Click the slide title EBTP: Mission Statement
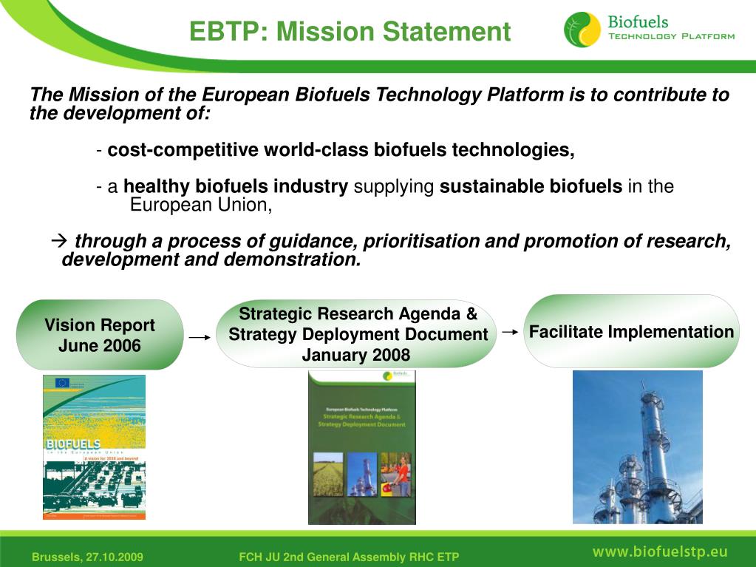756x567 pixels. pyautogui.click(x=350, y=32)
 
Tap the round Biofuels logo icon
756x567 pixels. pyautogui.click(x=582, y=30)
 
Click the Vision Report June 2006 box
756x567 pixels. pyautogui.click(x=100, y=335)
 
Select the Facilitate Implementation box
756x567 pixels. pyautogui.click(x=631, y=331)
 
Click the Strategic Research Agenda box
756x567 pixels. pyautogui.click(x=358, y=333)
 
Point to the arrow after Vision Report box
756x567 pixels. pyautogui.click(x=200, y=337)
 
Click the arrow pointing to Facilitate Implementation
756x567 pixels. pyautogui.click(x=509, y=333)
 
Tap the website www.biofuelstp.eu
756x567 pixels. pyautogui.click(x=659, y=551)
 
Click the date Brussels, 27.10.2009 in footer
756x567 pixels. pyautogui.click(x=87, y=557)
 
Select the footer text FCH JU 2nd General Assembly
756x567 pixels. pyautogui.click(x=349, y=557)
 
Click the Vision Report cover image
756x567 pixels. pyautogui.click(x=94, y=447)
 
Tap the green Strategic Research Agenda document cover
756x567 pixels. pyautogui.click(x=361, y=447)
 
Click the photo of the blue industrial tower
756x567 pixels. pyautogui.click(x=637, y=447)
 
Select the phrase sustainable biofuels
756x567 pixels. pyautogui.click(x=531, y=186)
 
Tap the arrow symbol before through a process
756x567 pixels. pyautogui.click(x=60, y=241)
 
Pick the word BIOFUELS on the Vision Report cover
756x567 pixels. pyautogui.click(x=72, y=446)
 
